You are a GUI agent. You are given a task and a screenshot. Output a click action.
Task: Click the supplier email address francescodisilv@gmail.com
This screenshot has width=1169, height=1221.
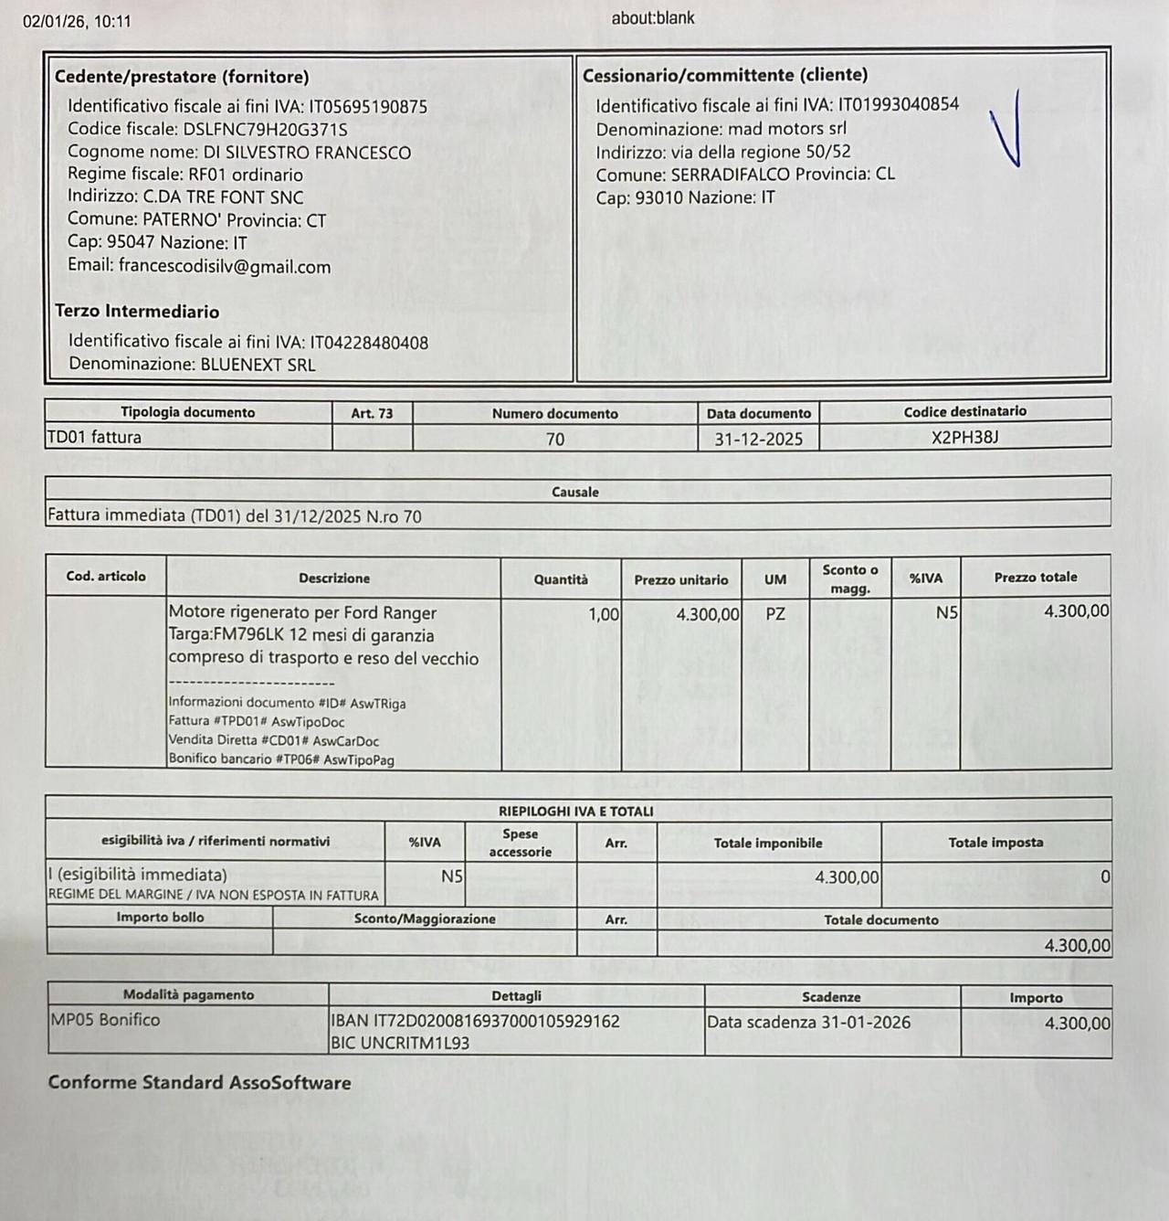(x=225, y=267)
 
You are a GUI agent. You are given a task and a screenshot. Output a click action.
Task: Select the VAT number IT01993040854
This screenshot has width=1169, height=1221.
(x=899, y=104)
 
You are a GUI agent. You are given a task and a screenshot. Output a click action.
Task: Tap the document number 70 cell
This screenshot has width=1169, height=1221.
(x=554, y=439)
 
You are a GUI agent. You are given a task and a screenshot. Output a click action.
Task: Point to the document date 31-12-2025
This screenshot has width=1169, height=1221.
(x=758, y=439)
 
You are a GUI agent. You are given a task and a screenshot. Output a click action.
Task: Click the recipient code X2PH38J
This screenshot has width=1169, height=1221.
(x=964, y=437)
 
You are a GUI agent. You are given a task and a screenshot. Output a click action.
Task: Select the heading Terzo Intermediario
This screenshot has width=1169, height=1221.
(x=137, y=312)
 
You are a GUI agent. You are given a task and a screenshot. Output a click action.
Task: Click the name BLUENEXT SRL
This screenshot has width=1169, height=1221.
(x=258, y=365)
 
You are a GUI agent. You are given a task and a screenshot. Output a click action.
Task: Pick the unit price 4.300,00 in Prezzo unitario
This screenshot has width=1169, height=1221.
(x=708, y=614)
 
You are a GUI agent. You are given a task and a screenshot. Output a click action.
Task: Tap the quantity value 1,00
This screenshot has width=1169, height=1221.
(x=604, y=614)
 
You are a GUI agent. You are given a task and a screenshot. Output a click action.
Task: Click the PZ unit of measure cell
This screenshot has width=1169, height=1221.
(x=775, y=614)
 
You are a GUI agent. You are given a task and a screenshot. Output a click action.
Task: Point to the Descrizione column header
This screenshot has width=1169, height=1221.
(x=334, y=579)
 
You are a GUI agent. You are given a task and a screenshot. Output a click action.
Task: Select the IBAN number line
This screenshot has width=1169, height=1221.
(x=475, y=1021)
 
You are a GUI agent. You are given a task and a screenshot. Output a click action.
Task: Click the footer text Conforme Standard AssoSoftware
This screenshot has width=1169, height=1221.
(x=199, y=1083)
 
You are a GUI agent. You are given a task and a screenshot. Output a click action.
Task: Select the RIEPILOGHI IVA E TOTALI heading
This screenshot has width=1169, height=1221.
(x=576, y=811)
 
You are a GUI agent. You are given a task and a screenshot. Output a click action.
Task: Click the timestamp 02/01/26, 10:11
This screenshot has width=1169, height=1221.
(x=77, y=21)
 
